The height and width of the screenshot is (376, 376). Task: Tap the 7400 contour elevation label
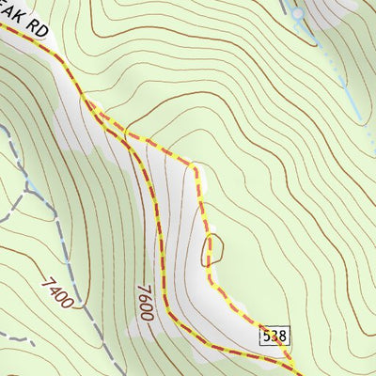[57, 293]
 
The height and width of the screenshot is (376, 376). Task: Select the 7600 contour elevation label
[145, 302]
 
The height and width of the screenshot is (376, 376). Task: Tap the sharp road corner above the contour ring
[193, 166]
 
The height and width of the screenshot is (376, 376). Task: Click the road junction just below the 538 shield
[291, 361]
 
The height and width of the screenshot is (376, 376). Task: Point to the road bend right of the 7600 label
[167, 310]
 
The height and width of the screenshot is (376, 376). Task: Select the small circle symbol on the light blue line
[297, 14]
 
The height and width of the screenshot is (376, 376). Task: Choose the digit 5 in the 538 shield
[266, 336]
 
